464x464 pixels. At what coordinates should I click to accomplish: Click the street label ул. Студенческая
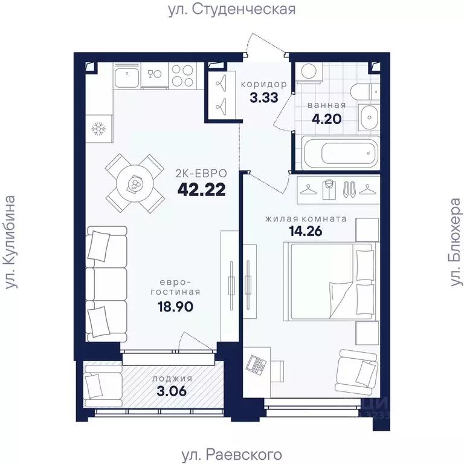(x=232, y=10)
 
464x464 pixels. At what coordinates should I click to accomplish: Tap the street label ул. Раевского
(x=231, y=454)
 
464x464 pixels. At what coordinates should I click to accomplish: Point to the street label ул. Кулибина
(x=10, y=241)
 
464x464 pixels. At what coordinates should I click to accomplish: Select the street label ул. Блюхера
(x=456, y=242)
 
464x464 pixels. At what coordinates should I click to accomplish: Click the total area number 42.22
(x=202, y=189)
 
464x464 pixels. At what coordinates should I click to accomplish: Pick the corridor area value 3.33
(x=264, y=97)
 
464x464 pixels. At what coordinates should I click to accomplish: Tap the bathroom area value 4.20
(x=327, y=119)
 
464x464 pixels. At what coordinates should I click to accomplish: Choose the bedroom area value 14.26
(x=305, y=231)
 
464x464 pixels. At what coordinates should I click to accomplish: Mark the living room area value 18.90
(x=175, y=307)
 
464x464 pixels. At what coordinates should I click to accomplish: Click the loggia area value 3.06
(x=172, y=391)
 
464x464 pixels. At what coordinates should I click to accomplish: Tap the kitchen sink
(x=127, y=76)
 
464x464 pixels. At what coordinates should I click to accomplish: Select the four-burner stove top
(x=182, y=75)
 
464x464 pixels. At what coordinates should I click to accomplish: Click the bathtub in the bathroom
(x=340, y=153)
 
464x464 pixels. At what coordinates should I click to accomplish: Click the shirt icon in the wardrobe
(x=328, y=189)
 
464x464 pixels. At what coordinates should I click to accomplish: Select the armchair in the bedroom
(x=356, y=371)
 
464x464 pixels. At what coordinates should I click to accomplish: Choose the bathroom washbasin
(x=369, y=117)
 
